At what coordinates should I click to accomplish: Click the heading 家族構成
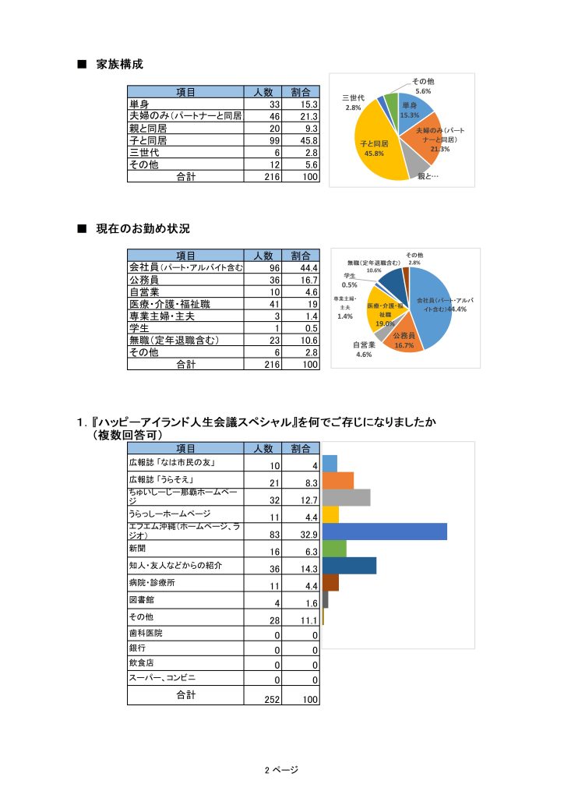[x=119, y=65]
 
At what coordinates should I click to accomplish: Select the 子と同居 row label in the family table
[x=148, y=140]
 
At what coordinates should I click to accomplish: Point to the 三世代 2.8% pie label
[x=354, y=103]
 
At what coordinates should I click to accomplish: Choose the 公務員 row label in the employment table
[x=144, y=280]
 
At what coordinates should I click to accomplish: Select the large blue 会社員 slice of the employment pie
[x=432, y=300]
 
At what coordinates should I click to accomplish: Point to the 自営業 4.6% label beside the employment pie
[x=364, y=349]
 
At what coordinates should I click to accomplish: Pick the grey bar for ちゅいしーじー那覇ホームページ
[x=346, y=497]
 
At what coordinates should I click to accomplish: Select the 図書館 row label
[x=142, y=601]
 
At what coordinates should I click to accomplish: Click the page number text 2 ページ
[x=281, y=769]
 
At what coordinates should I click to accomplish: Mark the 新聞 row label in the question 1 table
[x=138, y=549]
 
